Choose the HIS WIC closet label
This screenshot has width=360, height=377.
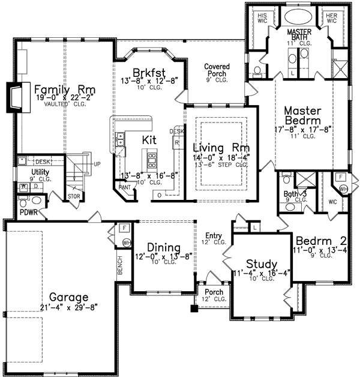[262, 17]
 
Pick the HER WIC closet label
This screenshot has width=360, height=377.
[331, 17]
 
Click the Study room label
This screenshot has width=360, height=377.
[262, 264]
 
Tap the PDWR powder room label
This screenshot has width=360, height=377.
[28, 212]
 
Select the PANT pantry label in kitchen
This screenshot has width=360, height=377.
[125, 187]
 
